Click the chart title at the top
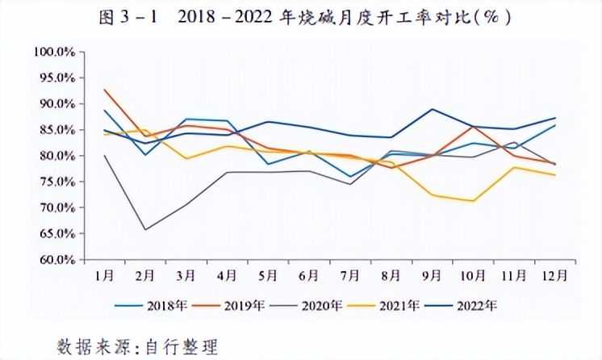[x=300, y=17]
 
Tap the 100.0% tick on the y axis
[x=56, y=52]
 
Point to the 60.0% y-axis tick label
[x=56, y=260]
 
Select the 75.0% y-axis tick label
[x=56, y=182]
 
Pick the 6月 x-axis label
[x=309, y=275]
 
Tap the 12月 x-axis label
[x=554, y=275]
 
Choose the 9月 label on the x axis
[x=432, y=275]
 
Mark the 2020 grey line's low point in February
[x=146, y=230]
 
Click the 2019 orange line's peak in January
[x=105, y=90]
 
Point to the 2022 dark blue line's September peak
[x=433, y=109]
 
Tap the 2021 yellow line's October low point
[x=473, y=201]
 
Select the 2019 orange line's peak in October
[x=473, y=126]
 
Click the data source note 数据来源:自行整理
[x=137, y=346]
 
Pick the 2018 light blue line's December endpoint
[x=555, y=125]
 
